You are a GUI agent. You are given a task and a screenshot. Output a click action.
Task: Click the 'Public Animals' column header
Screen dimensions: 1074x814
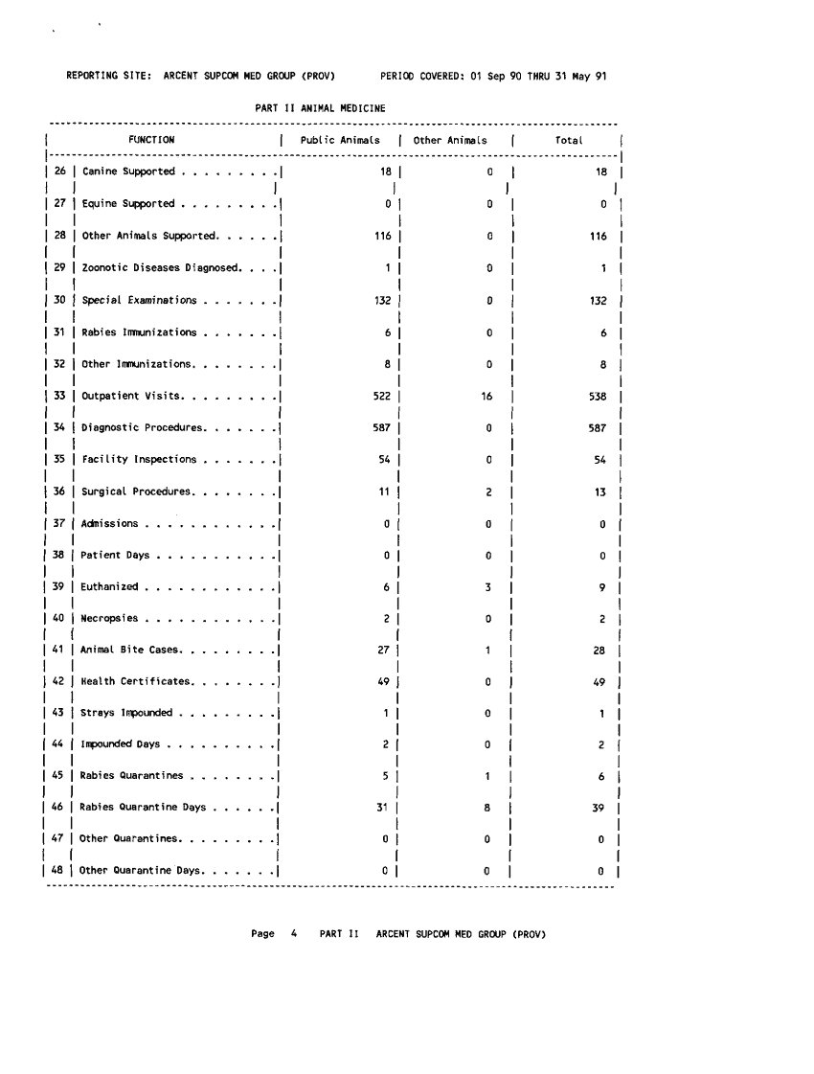click(340, 141)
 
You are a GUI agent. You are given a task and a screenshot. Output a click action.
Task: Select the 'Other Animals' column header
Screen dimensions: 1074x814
click(450, 141)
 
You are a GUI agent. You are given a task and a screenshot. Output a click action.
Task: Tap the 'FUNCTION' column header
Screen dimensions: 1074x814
click(151, 141)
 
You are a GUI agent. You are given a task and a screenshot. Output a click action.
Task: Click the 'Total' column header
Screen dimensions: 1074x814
click(569, 141)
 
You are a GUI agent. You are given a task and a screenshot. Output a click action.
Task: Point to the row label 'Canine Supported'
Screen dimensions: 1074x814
click(128, 171)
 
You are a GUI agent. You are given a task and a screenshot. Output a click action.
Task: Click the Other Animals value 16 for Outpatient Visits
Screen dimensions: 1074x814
click(486, 396)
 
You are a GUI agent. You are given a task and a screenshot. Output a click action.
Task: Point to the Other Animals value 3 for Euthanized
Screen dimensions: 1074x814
click(488, 586)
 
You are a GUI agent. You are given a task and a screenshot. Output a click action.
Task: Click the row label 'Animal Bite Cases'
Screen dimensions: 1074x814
click(130, 651)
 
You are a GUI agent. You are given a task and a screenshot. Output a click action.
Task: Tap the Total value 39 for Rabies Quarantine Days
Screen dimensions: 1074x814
click(599, 807)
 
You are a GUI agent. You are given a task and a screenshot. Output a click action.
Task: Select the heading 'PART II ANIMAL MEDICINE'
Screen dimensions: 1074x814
click(320, 108)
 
